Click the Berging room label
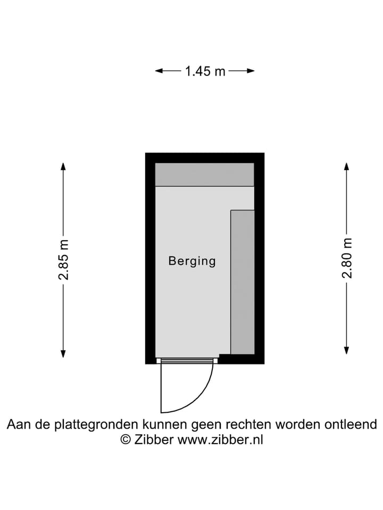pos(192,261)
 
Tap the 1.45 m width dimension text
pos(205,71)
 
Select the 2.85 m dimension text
pos(64,260)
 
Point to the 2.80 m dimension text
pos(347,258)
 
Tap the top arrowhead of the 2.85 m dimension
pos(63,166)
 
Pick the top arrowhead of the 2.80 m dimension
pos(346,166)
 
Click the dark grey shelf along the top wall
pos(204,174)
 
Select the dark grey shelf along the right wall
pos(243,282)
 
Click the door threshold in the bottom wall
pos(187,360)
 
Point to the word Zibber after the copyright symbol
pos(153,440)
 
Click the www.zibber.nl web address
pos(220,440)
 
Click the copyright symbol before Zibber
pos(126,440)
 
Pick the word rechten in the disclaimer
pos(252,425)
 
